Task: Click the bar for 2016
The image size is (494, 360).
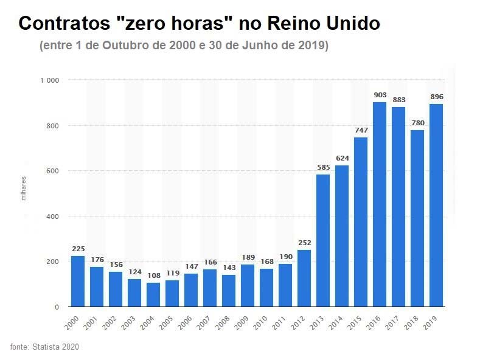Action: (x=380, y=204)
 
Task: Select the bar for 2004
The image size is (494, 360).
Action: (x=154, y=295)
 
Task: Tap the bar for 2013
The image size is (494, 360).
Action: (x=323, y=241)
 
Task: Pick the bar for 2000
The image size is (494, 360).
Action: (x=78, y=282)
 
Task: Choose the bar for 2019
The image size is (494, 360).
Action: (x=436, y=206)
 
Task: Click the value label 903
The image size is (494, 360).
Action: (x=380, y=95)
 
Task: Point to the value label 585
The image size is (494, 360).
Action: (x=323, y=167)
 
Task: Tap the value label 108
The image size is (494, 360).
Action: (x=154, y=275)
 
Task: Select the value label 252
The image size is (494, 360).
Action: (x=304, y=243)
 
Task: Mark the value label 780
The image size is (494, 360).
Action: (x=417, y=123)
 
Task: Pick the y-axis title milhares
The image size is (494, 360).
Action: (x=24, y=189)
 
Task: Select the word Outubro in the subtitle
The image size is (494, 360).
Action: (x=127, y=46)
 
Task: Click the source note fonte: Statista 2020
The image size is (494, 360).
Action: (x=44, y=347)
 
